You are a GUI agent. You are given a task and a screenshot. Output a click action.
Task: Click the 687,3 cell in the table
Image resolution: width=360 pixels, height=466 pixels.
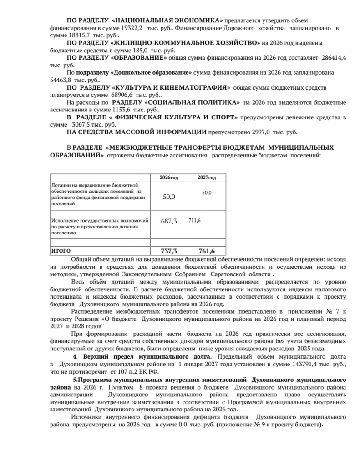(x=168, y=221)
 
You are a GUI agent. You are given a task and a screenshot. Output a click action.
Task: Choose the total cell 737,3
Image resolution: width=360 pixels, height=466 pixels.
(x=168, y=251)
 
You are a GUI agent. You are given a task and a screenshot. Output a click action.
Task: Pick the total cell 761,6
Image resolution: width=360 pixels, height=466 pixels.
(x=207, y=251)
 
